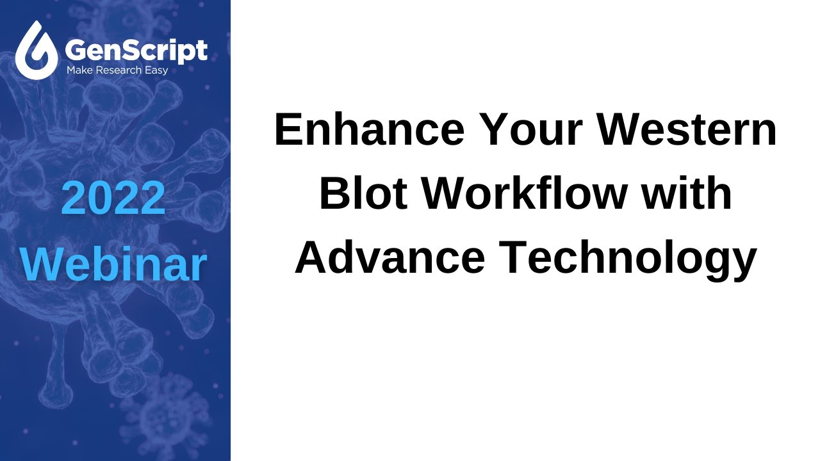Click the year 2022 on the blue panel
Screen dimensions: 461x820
pyautogui.click(x=113, y=198)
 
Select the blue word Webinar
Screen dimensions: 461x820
pyautogui.click(x=113, y=264)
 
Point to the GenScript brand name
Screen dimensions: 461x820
pyautogui.click(x=136, y=50)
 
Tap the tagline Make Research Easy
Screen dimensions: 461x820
pyautogui.click(x=117, y=70)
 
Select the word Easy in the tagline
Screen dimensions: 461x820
pyautogui.click(x=156, y=70)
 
